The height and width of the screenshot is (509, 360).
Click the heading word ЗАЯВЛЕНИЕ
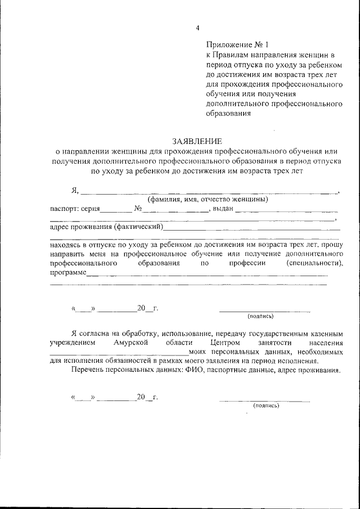(x=197, y=141)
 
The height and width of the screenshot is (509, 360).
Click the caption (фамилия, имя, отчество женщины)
(x=207, y=199)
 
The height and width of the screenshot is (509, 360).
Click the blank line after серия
(x=115, y=211)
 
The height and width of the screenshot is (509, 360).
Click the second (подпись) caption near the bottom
(x=265, y=405)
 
